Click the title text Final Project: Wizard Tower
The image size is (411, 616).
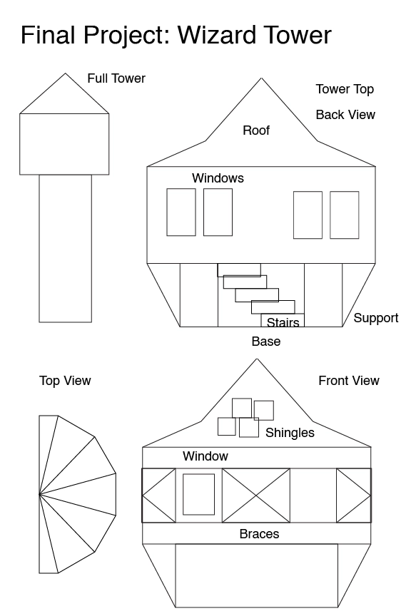point(176,36)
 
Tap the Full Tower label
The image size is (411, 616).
point(116,78)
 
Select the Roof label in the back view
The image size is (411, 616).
point(256,130)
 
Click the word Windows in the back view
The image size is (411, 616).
point(218,178)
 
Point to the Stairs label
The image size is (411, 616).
point(283,322)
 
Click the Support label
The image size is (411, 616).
point(376,318)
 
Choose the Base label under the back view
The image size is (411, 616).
point(266,342)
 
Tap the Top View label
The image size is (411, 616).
point(65,381)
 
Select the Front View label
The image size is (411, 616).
point(349,381)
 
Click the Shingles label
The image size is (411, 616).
point(290,433)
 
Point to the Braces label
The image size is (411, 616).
point(259,534)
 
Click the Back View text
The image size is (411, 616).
point(345,115)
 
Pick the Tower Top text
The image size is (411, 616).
point(345,90)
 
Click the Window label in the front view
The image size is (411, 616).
point(205,456)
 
